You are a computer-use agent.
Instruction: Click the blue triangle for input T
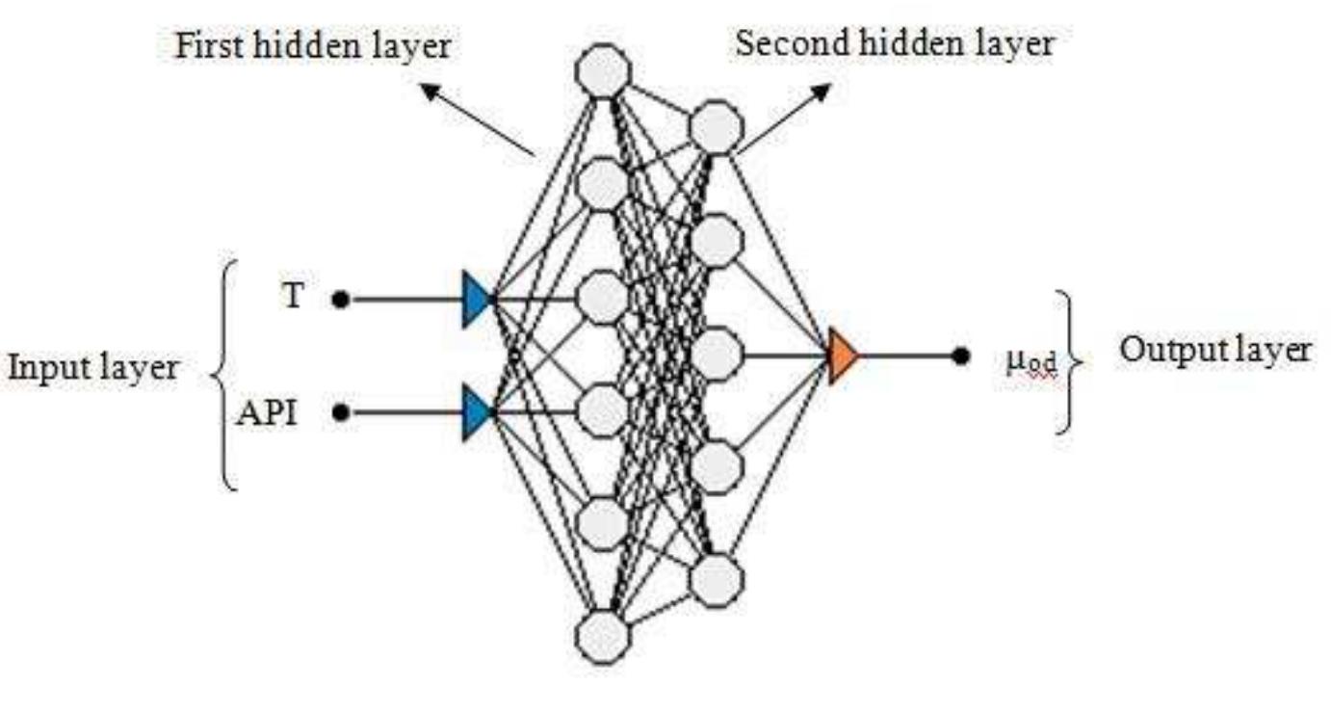477,300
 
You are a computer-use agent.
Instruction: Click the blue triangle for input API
477,412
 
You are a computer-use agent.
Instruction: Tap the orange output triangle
843,356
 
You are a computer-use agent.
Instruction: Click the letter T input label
293,297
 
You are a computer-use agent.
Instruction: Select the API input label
267,414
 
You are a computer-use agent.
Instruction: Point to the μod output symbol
1031,362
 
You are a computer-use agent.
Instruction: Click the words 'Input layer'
92,367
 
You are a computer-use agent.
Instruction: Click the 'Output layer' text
1214,350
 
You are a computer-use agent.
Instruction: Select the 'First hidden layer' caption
312,45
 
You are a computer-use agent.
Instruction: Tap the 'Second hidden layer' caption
894,42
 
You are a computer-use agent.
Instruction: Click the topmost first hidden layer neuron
603,70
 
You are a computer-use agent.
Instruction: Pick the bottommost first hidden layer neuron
603,637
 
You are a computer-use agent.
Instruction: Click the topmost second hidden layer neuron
717,127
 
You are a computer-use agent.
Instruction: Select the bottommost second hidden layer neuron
717,580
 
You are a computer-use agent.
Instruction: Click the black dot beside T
339,300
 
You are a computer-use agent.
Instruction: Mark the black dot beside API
339,412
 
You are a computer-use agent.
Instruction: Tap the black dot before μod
960,356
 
